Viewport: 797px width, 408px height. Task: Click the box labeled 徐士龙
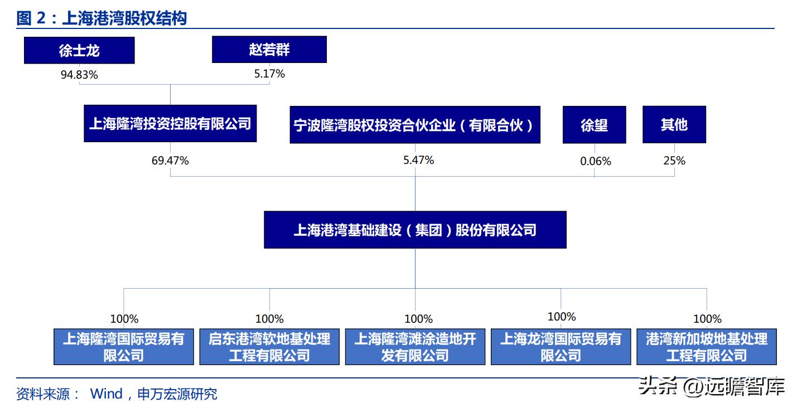pos(79,50)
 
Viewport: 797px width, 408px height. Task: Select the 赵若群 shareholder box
pos(269,50)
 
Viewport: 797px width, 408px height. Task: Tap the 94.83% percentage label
pos(79,75)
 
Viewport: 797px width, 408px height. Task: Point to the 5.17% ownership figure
pos(269,74)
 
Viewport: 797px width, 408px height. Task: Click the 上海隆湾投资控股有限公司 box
pos(170,123)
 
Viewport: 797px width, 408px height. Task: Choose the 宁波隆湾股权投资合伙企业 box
pos(415,125)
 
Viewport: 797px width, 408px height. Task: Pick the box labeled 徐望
pos(594,125)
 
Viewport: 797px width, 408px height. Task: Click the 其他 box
pos(674,125)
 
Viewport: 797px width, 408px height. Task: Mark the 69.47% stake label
pos(170,161)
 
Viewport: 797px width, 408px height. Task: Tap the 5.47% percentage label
pos(418,160)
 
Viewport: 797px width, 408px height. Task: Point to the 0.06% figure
pos(595,161)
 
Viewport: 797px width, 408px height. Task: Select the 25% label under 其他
pos(674,161)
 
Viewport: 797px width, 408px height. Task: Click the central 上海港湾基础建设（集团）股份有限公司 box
pos(415,230)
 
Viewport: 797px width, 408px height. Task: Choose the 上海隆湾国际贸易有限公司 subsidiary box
pos(124,347)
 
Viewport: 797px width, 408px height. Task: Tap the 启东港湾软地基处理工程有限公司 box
pos(269,347)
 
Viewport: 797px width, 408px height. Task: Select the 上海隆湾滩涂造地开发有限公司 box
pos(415,347)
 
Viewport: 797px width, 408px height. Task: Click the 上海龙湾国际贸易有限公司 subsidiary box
pos(561,347)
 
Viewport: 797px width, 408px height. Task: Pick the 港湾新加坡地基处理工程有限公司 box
pos(707,347)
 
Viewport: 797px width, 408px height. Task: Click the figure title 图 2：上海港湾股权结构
pos(102,18)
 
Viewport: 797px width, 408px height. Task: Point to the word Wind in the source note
pos(106,394)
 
